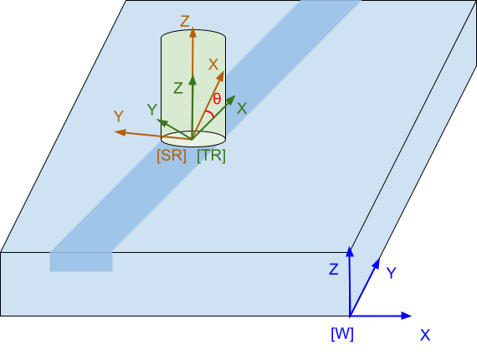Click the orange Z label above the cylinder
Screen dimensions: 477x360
pyautogui.click(x=185, y=22)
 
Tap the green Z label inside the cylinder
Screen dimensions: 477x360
pyautogui.click(x=178, y=88)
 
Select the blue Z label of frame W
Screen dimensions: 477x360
pyautogui.click(x=334, y=270)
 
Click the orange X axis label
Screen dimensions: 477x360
pyautogui.click(x=213, y=64)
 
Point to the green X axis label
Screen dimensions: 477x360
pyautogui.click(x=242, y=108)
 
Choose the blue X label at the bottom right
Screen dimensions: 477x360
pyautogui.click(x=425, y=335)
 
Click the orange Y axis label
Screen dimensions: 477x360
pyautogui.click(x=119, y=116)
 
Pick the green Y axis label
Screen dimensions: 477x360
pyautogui.click(x=152, y=110)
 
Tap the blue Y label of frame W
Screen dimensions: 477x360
pyautogui.click(x=391, y=273)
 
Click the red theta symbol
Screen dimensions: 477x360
pyautogui.click(x=217, y=99)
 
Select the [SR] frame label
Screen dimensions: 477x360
pyautogui.click(x=172, y=156)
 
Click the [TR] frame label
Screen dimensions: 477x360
pyautogui.click(x=211, y=156)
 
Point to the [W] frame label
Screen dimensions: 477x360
pyautogui.click(x=342, y=334)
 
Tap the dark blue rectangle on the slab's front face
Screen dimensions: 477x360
pyautogui.click(x=81, y=262)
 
